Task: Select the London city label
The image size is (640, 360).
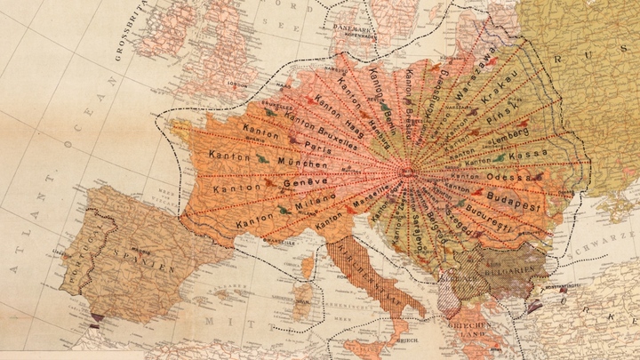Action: [x=236, y=86]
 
